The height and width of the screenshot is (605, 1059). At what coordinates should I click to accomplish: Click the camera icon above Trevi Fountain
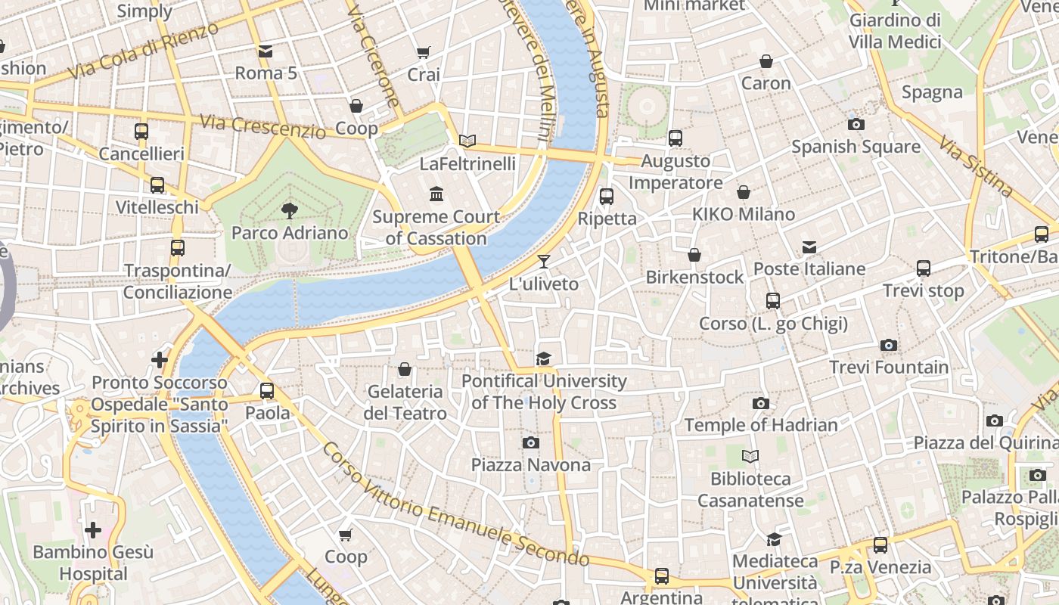[x=889, y=346]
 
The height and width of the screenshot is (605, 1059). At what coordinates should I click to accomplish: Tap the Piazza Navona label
[x=531, y=464]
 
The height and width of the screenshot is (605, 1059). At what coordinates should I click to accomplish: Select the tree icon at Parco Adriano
[x=289, y=211]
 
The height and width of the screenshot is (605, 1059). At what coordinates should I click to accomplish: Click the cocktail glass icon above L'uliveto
[x=543, y=262]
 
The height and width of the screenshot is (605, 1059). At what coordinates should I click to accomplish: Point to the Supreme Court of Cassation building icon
[x=436, y=194]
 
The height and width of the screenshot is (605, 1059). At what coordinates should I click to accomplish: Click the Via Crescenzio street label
[x=263, y=126]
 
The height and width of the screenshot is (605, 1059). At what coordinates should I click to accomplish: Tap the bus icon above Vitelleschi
[x=157, y=185]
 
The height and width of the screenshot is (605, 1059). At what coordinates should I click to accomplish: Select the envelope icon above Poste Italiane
[x=809, y=247]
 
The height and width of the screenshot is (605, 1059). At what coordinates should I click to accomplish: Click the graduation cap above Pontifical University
[x=543, y=358]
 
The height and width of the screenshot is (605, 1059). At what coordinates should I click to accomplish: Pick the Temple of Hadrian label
[x=761, y=425]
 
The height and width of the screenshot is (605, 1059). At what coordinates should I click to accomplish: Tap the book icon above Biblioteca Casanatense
[x=750, y=456]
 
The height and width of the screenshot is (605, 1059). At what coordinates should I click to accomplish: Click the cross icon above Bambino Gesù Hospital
[x=93, y=530]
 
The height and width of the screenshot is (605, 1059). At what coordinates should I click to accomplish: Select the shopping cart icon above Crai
[x=424, y=53]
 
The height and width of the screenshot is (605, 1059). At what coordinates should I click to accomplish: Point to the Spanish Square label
[x=856, y=146]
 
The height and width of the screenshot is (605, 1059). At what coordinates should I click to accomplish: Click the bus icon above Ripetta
[x=607, y=197]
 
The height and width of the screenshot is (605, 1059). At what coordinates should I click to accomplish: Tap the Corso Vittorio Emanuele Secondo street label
[x=455, y=504]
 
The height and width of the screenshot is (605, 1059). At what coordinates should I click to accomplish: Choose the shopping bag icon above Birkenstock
[x=694, y=256]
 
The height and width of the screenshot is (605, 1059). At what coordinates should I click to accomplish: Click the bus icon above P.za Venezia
[x=880, y=544]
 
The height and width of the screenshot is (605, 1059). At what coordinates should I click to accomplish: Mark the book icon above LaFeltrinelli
[x=467, y=141]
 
